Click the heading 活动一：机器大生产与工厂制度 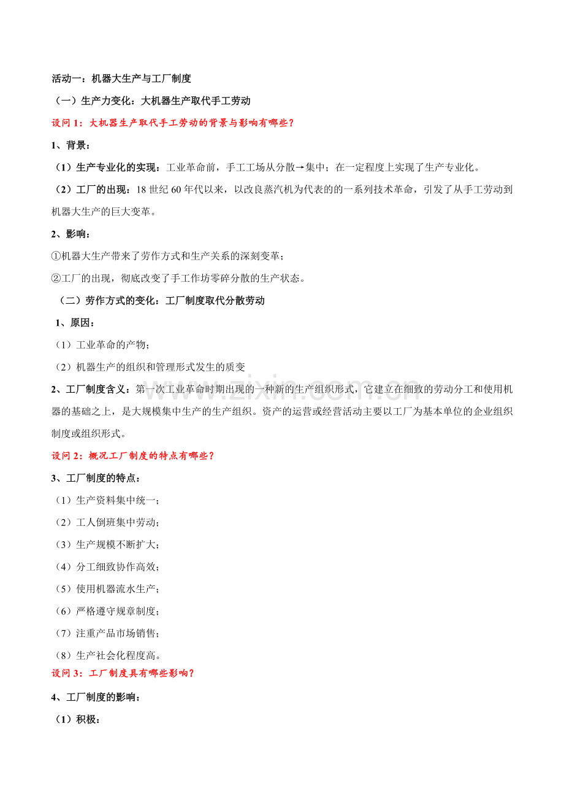pos(121,79)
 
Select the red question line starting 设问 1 pos(173,123)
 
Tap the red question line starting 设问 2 pos(133,455)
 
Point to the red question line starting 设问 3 pos(123,673)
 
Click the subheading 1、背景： pos(71,145)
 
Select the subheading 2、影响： pos(71,234)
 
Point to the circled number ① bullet pos(56,256)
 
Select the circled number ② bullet pos(56,278)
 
